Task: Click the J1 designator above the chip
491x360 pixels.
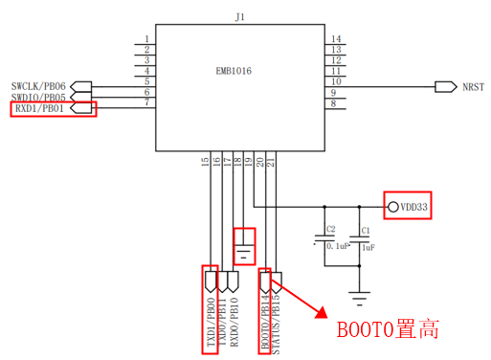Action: (x=240, y=17)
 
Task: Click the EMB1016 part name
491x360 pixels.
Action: (x=234, y=71)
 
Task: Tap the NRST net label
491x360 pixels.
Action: (x=473, y=87)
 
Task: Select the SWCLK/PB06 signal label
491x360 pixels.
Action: (x=38, y=86)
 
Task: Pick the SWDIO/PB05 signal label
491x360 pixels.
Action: (x=38, y=97)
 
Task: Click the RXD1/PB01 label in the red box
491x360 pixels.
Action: (x=39, y=108)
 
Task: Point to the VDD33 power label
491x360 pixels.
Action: (x=413, y=207)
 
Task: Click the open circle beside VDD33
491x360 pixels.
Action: (x=393, y=207)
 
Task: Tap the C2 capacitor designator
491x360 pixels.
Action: (x=331, y=229)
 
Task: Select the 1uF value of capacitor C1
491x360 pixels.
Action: (x=368, y=247)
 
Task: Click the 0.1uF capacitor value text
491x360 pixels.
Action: (x=338, y=246)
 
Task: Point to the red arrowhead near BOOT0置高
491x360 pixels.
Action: (x=322, y=313)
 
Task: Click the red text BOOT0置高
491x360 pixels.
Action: (x=388, y=329)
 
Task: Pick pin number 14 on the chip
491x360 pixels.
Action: (x=336, y=39)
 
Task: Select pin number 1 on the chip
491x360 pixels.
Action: (x=146, y=39)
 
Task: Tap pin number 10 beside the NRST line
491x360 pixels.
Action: (x=336, y=81)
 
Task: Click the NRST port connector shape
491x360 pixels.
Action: (x=446, y=87)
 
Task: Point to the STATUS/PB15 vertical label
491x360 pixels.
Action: (x=276, y=325)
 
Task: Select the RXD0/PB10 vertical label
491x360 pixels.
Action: (x=234, y=322)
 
